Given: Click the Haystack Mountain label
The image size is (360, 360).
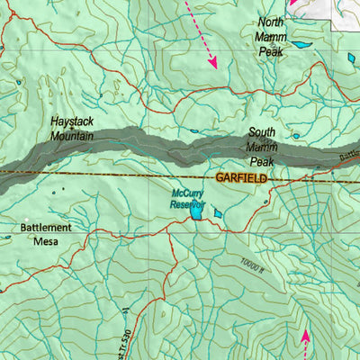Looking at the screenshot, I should pyautogui.click(x=76, y=128).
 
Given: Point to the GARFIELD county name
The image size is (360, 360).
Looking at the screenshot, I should pyautogui.click(x=242, y=179).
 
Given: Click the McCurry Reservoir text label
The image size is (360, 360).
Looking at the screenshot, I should pyautogui.click(x=188, y=198).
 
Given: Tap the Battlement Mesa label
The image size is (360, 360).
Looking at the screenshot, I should pyautogui.click(x=44, y=234).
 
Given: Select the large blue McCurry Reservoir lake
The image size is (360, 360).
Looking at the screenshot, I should pyautogui.click(x=195, y=214).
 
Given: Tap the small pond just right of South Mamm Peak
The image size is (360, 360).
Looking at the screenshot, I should pyautogui.click(x=295, y=137).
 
